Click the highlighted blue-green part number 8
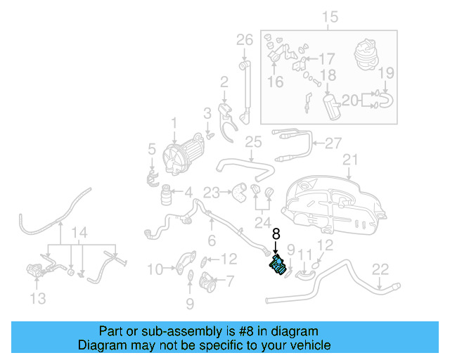coord(277,267)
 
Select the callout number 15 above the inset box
coord(329,17)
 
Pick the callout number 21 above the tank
coord(350,160)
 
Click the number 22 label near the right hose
coord(380,268)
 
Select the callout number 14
coord(81,233)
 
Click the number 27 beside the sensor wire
coord(333,143)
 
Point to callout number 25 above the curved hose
coord(253,143)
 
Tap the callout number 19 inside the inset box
coord(387,72)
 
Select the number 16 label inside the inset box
coord(275,82)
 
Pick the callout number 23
coord(212,191)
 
